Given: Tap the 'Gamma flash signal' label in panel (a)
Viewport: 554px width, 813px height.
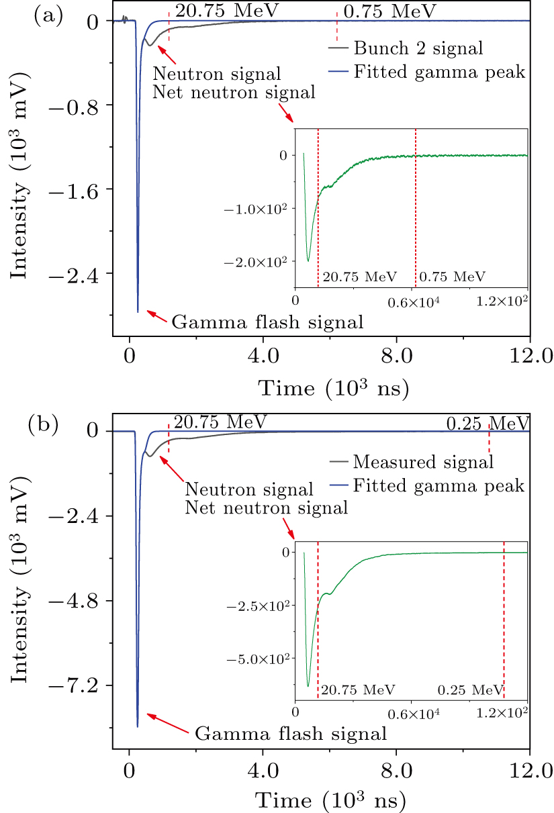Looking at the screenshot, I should (x=267, y=322).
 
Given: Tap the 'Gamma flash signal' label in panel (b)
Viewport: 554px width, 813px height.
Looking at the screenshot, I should (x=290, y=732).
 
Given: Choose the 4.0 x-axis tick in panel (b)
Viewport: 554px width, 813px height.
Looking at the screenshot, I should (x=263, y=765).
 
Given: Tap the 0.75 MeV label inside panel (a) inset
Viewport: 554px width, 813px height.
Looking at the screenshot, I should (x=452, y=277).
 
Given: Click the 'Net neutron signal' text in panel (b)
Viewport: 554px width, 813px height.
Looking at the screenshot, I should (x=266, y=508).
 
